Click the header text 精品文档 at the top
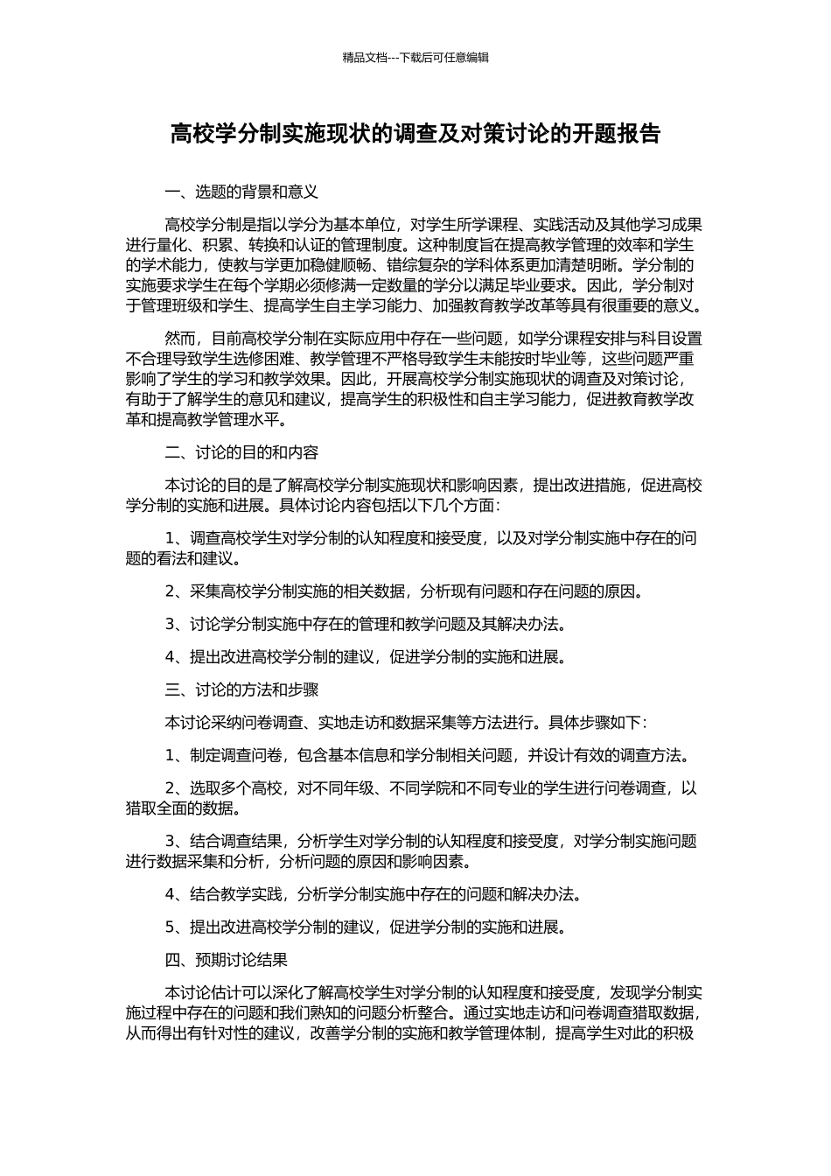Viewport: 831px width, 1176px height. click(365, 58)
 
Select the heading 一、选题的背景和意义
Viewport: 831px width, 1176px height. click(241, 191)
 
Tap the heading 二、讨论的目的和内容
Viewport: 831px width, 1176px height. click(241, 452)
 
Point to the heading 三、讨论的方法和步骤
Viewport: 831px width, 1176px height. click(241, 689)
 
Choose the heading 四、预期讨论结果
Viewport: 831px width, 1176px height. click(227, 960)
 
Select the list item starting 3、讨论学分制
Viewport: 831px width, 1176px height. click(366, 624)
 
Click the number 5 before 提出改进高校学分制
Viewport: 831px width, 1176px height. click(170, 927)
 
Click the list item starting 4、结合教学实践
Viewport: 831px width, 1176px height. click(373, 894)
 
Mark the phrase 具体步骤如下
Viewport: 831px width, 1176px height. click(597, 723)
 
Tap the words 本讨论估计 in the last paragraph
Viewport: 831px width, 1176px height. click(204, 993)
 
